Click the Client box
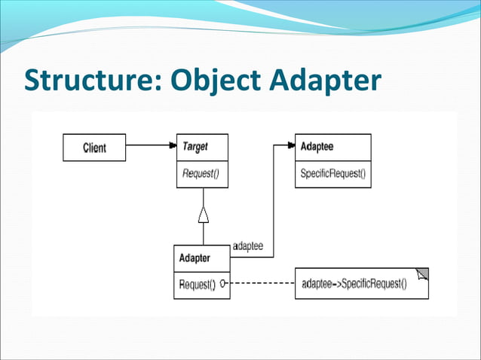click(94, 148)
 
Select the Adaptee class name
click(317, 147)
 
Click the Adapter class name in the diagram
click(195, 258)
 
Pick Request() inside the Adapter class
click(197, 285)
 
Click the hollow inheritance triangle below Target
click(203, 215)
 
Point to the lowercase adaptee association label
click(248, 246)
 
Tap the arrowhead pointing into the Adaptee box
click(290, 146)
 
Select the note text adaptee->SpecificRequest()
click(354, 284)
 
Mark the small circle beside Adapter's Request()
click(223, 285)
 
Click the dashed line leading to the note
click(260, 285)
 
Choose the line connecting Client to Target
click(147, 146)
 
